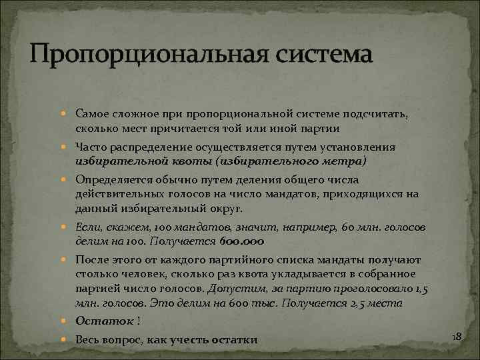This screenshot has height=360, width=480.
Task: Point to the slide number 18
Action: point(457,339)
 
